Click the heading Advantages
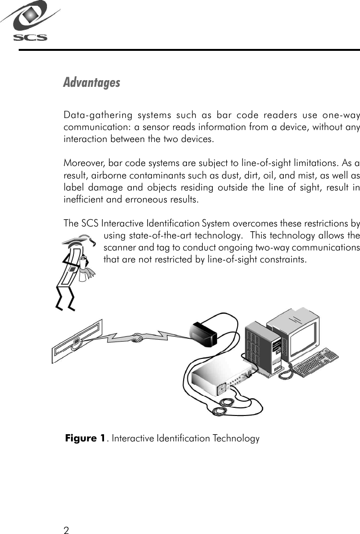click(x=92, y=83)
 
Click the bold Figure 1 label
click(x=85, y=439)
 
